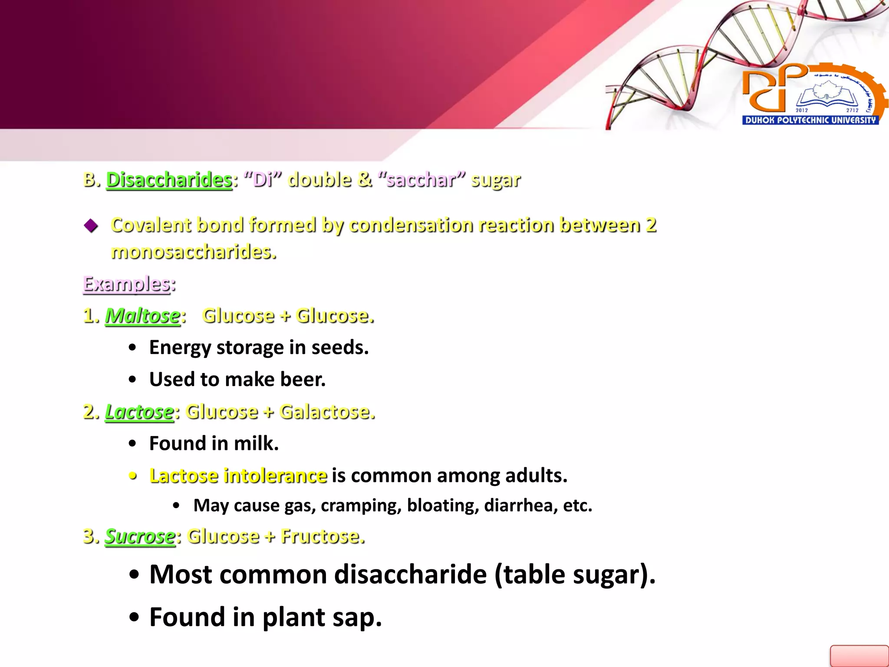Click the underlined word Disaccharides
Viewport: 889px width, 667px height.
[169, 180]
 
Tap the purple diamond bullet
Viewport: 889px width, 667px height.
[91, 225]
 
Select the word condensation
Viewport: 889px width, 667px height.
[410, 225]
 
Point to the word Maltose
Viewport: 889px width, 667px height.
[142, 316]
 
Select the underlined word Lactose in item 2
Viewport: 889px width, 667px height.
[139, 412]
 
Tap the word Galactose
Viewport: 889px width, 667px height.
[327, 412]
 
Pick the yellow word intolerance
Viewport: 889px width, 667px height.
[275, 475]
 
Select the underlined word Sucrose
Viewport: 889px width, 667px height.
[140, 536]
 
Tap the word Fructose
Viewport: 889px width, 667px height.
[322, 536]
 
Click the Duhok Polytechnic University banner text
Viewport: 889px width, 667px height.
[810, 120]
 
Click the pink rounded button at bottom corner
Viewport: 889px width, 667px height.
[859, 656]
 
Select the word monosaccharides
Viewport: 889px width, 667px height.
[193, 252]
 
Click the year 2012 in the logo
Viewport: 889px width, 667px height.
[801, 110]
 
